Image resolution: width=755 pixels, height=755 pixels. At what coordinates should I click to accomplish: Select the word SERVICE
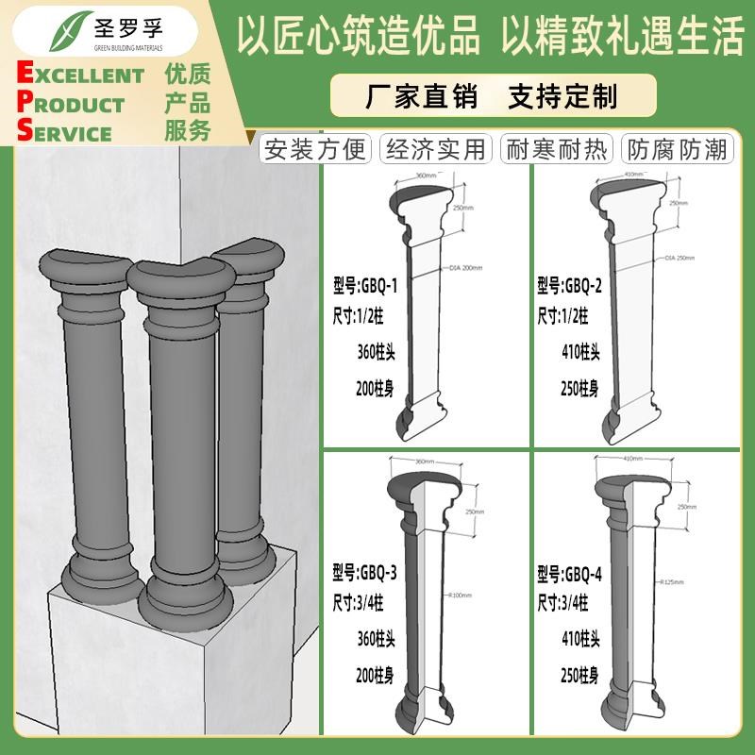point(64,132)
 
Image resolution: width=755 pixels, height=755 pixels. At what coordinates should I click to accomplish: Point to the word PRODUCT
point(71,104)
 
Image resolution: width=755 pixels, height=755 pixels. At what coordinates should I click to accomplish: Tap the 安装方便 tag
point(316,149)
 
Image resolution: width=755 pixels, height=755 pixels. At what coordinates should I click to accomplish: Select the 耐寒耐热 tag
point(556,149)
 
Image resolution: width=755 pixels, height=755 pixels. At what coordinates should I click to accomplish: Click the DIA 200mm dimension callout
point(466,268)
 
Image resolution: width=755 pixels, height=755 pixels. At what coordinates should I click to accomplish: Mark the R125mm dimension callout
point(672,582)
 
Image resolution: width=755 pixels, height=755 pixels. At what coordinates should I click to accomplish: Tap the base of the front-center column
point(184,595)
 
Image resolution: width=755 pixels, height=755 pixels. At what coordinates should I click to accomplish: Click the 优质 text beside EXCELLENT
point(187,75)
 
